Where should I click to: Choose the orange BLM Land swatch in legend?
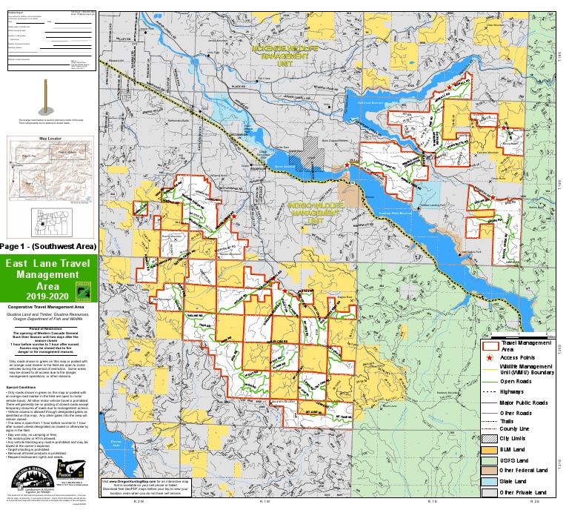tap(489, 428)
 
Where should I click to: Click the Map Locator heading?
tap(48, 138)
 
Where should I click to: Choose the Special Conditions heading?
tap(23, 386)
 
